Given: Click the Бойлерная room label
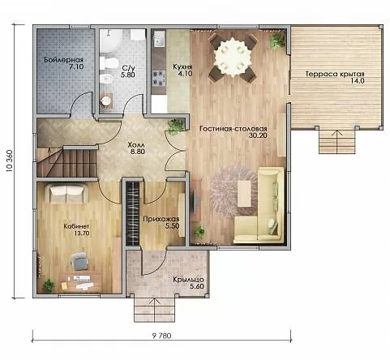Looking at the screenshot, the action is click(63, 60).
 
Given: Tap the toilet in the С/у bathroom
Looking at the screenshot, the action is click(108, 63).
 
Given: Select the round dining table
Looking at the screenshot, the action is click(232, 56).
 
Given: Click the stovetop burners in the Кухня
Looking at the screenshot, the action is click(158, 78).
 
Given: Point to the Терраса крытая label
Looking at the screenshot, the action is click(335, 74).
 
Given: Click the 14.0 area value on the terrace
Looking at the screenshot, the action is click(358, 80).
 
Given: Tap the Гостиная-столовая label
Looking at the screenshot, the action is click(234, 129).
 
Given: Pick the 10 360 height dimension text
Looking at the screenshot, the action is click(9, 161).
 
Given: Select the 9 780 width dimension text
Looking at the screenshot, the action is click(162, 336).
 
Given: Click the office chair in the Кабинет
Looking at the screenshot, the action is click(79, 261).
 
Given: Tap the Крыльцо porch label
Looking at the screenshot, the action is click(188, 280).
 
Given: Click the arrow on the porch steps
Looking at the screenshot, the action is click(155, 310).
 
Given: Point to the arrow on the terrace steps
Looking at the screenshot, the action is click(337, 142).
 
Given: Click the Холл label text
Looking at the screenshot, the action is click(136, 145).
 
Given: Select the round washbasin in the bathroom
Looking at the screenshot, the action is click(105, 101).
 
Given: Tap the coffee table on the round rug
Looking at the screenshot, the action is click(244, 194).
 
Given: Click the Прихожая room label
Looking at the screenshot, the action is click(161, 219).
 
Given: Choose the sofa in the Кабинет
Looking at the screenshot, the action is click(66, 193).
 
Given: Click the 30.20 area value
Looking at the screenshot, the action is click(258, 135).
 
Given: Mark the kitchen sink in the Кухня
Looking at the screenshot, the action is click(159, 39).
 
